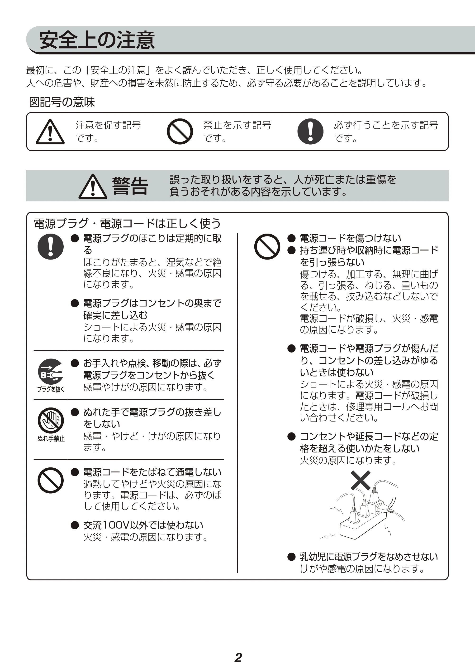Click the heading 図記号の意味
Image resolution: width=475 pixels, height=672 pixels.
(x=62, y=102)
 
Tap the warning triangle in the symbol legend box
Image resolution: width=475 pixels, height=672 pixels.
(x=50, y=132)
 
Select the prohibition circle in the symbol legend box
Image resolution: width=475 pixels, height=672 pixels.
(x=180, y=131)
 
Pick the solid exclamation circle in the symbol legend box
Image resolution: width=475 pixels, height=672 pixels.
(x=310, y=131)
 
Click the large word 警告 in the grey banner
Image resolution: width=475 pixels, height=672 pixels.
(x=130, y=186)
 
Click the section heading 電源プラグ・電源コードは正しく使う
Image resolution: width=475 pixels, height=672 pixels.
(x=127, y=224)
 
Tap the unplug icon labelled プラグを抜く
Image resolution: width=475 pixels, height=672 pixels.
(x=51, y=372)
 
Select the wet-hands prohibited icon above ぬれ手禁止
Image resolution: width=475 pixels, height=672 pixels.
(x=51, y=420)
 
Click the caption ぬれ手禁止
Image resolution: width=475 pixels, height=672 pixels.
(x=51, y=439)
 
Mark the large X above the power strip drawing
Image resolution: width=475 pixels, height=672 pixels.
(x=361, y=481)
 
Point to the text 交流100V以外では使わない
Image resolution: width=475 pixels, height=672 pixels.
(x=143, y=525)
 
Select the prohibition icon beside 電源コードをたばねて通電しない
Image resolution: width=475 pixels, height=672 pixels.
(x=51, y=481)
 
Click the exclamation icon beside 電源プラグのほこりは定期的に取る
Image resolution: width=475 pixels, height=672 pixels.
(x=51, y=246)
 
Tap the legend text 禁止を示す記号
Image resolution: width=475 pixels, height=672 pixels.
(x=237, y=125)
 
